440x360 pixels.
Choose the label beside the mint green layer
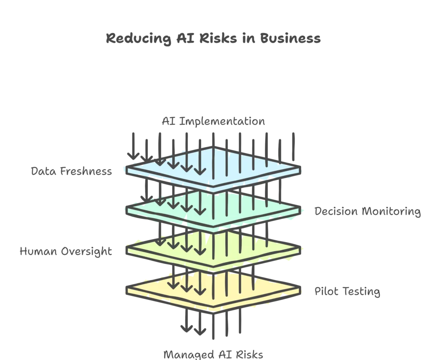click(x=367, y=212)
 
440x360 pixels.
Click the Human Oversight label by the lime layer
click(x=65, y=251)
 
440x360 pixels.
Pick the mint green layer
click(x=241, y=206)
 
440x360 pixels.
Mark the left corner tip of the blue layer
click(x=126, y=170)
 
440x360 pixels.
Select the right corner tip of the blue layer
click(x=300, y=169)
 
